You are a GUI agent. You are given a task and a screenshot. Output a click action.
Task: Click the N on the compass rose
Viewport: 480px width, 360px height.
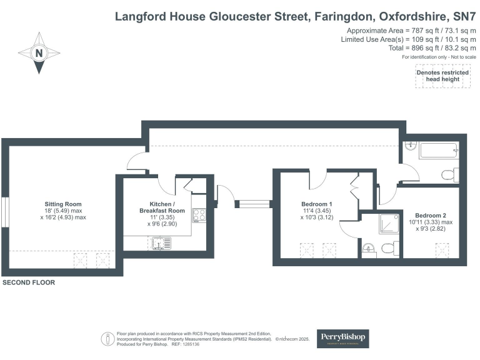click(39, 54)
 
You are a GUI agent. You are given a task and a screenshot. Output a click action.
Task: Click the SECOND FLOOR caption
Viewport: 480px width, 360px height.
click(29, 282)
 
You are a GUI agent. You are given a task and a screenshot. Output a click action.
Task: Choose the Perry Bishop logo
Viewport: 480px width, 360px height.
click(343, 338)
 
